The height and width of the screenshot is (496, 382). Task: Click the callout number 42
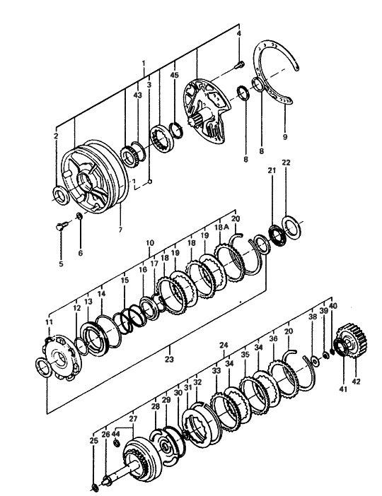click(356, 382)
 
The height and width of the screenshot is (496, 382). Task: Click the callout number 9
click(285, 136)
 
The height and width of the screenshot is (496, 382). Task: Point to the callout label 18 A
click(221, 227)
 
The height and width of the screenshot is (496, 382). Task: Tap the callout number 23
click(169, 359)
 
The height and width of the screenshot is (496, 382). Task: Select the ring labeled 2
click(61, 196)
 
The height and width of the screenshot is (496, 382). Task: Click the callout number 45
click(175, 75)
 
